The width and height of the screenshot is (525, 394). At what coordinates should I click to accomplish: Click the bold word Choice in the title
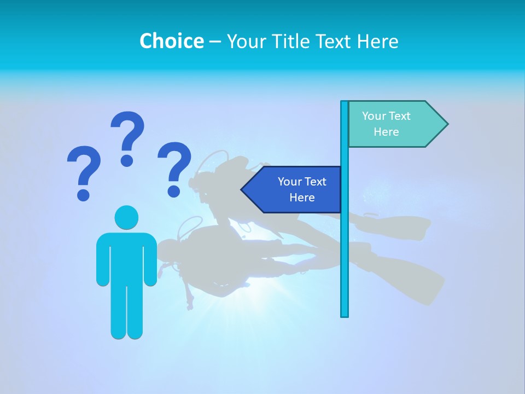(171, 41)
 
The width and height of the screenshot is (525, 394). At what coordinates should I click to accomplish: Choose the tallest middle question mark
(127, 137)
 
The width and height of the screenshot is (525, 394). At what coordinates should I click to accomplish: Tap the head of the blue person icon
(126, 217)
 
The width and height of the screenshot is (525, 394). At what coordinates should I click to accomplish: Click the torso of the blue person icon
(126, 257)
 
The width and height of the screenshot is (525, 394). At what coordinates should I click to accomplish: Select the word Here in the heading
(378, 41)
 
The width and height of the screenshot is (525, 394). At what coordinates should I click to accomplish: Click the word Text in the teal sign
(400, 116)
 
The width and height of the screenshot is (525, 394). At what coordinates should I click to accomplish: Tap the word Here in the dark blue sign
(302, 198)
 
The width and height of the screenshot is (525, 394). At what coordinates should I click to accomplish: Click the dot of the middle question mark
(127, 160)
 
